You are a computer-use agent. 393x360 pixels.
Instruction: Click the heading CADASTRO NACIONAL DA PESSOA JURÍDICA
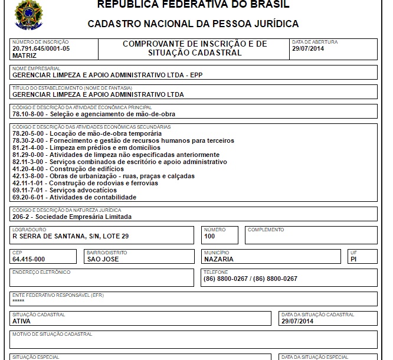[x=193, y=24]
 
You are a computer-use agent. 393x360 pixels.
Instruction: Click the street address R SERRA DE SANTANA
[x=70, y=236]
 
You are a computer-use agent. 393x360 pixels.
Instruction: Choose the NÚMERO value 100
[x=209, y=236]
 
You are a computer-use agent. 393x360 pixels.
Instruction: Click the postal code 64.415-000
[x=29, y=258]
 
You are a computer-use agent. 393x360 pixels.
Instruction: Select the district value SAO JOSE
[x=103, y=258]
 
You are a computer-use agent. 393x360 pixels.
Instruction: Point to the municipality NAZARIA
[x=218, y=258]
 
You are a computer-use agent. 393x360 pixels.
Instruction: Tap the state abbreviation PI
[x=353, y=258]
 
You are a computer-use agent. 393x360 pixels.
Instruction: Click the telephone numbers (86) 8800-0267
[x=250, y=279]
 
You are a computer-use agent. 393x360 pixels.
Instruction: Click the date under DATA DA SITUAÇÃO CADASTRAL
[x=297, y=321]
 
